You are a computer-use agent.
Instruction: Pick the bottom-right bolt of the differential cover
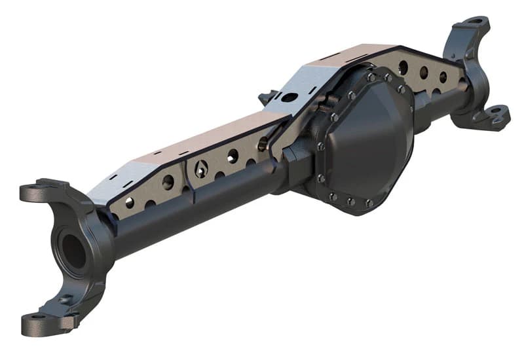(x=369, y=204)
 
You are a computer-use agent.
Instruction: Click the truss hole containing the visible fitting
(x=202, y=169)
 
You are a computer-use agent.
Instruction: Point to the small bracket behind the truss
(x=267, y=98)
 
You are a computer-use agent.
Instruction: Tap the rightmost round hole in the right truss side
(x=443, y=77)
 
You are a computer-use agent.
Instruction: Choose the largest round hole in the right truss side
(x=405, y=67)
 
